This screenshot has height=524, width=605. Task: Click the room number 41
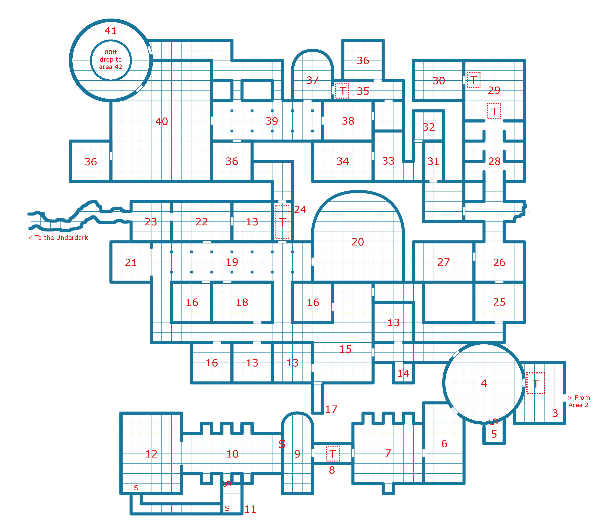[x=111, y=31]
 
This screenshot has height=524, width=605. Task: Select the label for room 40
[x=162, y=121]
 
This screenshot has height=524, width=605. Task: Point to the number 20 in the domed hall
[x=358, y=242]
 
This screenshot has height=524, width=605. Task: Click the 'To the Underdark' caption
[x=58, y=238]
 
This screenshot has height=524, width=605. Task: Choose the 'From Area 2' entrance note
[x=578, y=401]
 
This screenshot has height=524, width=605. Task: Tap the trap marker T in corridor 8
[x=333, y=454]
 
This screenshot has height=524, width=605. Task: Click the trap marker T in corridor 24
[x=282, y=222]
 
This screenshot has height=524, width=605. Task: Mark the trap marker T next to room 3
[x=535, y=383]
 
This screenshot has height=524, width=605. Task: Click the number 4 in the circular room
[x=484, y=383]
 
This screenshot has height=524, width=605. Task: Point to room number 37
[x=312, y=80]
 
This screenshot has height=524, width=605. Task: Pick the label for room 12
[x=151, y=454]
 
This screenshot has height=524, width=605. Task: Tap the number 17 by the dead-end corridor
[x=331, y=409]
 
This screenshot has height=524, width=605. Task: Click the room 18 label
[x=242, y=302]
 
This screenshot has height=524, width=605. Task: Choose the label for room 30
[x=439, y=81]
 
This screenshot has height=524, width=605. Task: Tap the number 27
[x=443, y=262]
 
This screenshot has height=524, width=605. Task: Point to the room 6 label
[x=444, y=444]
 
